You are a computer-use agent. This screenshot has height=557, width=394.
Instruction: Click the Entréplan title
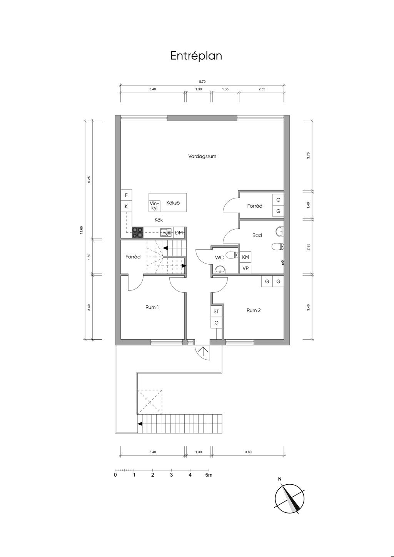click(196, 56)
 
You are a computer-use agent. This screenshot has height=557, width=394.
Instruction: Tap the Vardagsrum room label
click(202, 157)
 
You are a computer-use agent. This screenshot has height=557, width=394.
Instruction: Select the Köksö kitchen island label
click(173, 203)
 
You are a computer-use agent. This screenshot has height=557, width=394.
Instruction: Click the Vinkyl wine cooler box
click(154, 206)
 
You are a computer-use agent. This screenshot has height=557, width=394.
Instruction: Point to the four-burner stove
click(138, 233)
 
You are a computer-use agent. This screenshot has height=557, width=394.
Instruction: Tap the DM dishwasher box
click(179, 233)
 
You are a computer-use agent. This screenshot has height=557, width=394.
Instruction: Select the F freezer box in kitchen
click(126, 195)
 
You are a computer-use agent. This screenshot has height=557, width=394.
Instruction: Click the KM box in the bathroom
click(245, 257)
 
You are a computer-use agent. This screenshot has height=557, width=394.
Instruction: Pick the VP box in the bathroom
click(245, 268)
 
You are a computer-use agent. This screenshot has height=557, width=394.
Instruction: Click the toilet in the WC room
click(232, 255)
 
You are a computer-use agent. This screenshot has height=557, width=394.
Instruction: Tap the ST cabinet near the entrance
click(216, 311)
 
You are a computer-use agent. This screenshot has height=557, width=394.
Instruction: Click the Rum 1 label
click(152, 307)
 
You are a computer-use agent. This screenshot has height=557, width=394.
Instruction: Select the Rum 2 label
click(254, 310)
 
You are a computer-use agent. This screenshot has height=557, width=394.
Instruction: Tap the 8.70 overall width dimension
click(202, 82)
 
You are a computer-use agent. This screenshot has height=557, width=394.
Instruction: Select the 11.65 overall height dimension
click(81, 230)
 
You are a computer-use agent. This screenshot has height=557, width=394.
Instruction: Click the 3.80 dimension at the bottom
click(248, 452)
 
